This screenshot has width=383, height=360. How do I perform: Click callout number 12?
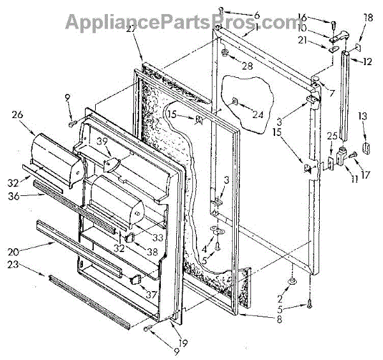coord(368,62)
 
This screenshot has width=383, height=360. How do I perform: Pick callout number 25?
coord(331,136)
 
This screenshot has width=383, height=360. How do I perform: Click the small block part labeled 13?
coord(366,148)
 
